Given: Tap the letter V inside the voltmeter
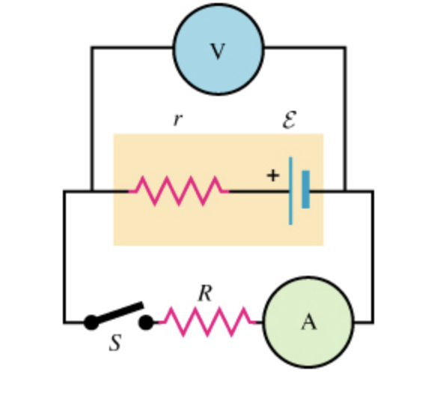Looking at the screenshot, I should tap(218, 51).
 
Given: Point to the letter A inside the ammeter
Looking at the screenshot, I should tap(308, 322).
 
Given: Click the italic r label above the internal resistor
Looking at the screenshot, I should tap(177, 119).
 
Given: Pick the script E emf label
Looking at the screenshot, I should tap(290, 119).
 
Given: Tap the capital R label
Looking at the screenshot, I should tap(205, 294).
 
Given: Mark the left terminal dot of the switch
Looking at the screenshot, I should tap(91, 322).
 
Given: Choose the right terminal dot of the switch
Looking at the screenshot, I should tap(147, 322).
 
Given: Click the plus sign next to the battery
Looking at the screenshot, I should tap(272, 175).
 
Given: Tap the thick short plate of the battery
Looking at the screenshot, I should tap(305, 190).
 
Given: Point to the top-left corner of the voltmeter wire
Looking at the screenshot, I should tap(92, 48).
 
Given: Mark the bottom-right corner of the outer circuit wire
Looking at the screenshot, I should tap(372, 322).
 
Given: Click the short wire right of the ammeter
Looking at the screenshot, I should tap(362, 322).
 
